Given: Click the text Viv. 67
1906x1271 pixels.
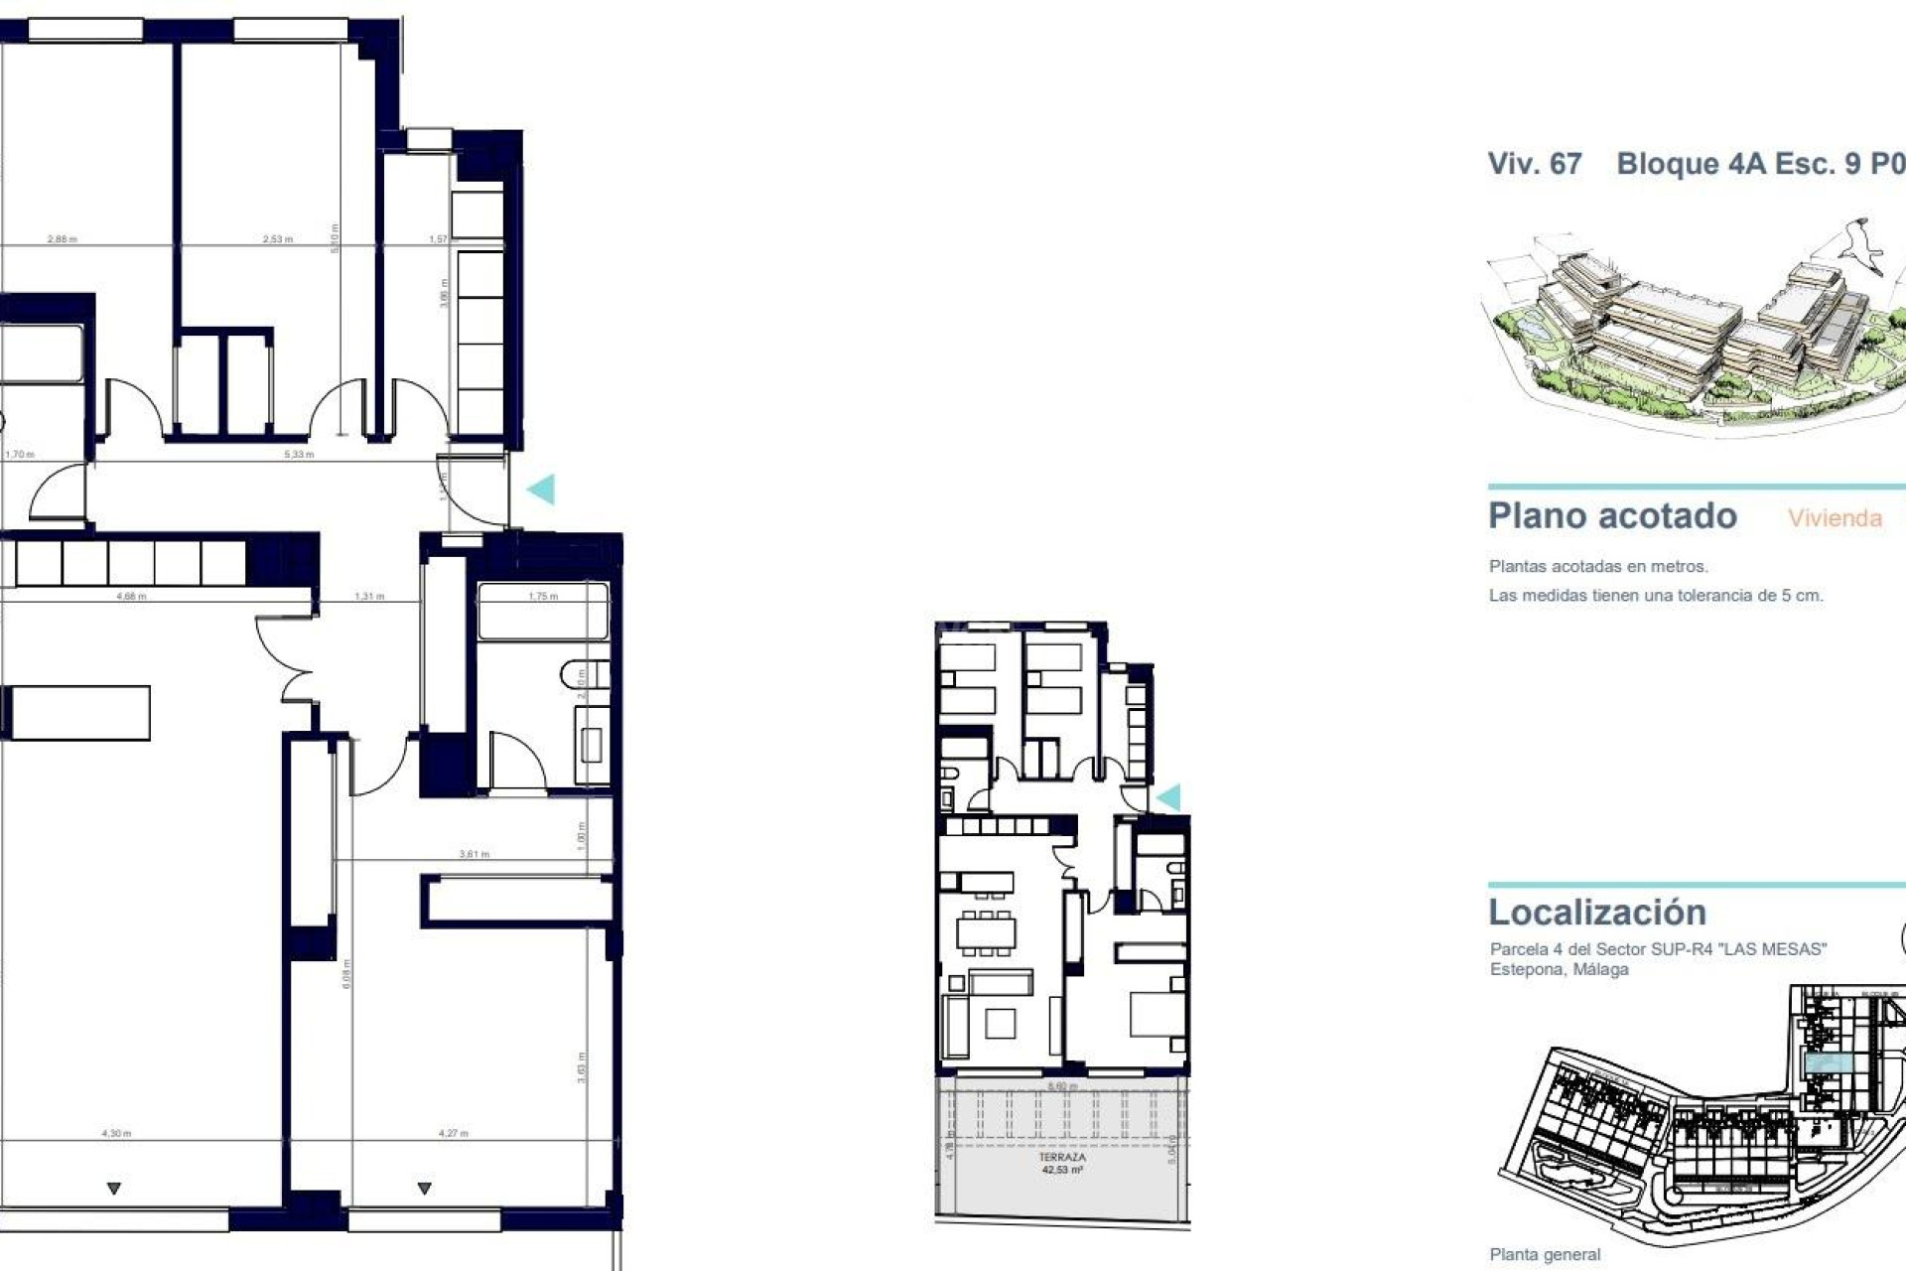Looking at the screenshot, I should tap(1534, 164).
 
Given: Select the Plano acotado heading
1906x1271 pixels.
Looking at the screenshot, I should tap(1612, 516).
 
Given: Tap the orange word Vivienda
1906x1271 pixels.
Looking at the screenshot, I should tap(1835, 518).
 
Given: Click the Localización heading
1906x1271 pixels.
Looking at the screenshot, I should tap(1597, 912).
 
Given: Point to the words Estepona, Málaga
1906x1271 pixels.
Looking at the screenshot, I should tap(1559, 969).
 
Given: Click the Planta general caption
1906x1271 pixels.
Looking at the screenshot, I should tap(1545, 1254).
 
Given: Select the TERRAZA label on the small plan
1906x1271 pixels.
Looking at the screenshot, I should tap(1062, 1158).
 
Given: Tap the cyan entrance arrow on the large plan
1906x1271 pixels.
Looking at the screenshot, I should tap(541, 489).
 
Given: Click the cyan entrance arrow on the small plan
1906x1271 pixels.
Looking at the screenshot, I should tap(1169, 796).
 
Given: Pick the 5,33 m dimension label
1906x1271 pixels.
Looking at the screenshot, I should tap(299, 455).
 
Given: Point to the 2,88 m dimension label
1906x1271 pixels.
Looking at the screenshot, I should tap(62, 239).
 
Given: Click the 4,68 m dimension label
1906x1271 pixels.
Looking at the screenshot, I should tap(131, 597).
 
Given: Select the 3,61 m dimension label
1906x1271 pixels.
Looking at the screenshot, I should tap(474, 854).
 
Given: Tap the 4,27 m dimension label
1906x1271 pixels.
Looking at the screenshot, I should tap(453, 1133).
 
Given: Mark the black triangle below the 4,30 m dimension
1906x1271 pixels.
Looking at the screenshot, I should tap(114, 1189).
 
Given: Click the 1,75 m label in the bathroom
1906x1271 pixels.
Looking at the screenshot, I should tap(543, 597).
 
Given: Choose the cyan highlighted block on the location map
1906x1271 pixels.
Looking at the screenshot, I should tap(1829, 1063).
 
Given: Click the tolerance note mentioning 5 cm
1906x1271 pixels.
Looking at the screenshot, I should tap(1655, 596).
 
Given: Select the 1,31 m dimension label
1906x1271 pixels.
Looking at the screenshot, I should tap(369, 597).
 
